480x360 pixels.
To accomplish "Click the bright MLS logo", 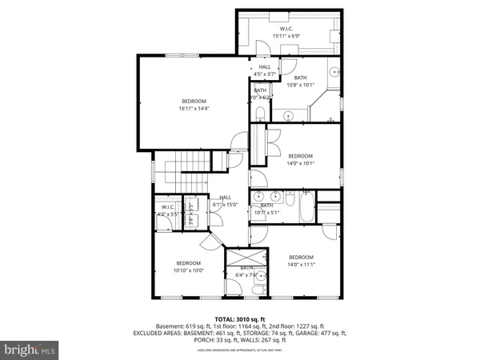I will pyautogui.click(x=30, y=349).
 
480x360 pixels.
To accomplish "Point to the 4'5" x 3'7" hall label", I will pyautogui.click(x=265, y=70).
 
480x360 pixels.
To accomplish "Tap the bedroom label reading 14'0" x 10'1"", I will pyautogui.click(x=300, y=159).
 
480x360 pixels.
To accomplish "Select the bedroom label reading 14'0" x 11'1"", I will pyautogui.click(x=300, y=261).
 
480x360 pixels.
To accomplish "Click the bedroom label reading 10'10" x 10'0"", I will pyautogui.click(x=189, y=266).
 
